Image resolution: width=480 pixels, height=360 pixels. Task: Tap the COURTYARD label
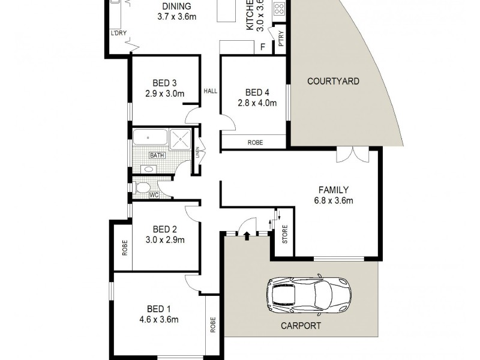(x=333, y=81)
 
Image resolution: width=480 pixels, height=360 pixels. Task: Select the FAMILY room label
(x=334, y=190)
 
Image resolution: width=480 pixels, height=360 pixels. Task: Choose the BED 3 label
(x=164, y=83)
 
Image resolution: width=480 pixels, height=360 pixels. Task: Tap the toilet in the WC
(x=143, y=188)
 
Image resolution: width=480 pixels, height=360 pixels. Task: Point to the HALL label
(x=210, y=91)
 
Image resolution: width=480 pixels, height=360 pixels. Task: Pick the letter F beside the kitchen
(x=262, y=47)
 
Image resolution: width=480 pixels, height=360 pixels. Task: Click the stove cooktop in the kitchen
(x=280, y=8)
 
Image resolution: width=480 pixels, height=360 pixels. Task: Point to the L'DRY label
(x=118, y=33)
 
